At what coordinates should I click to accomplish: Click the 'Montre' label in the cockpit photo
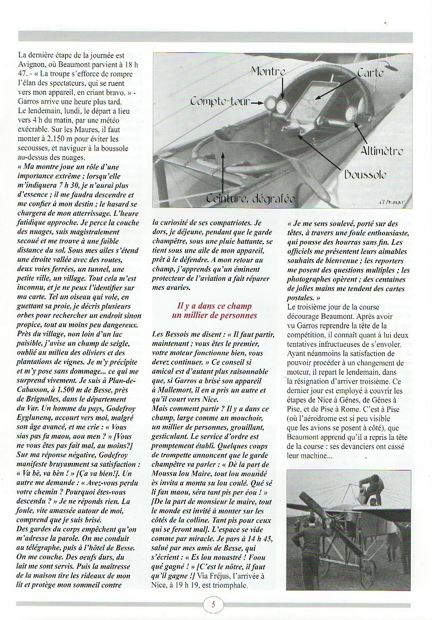pos(268,71)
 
